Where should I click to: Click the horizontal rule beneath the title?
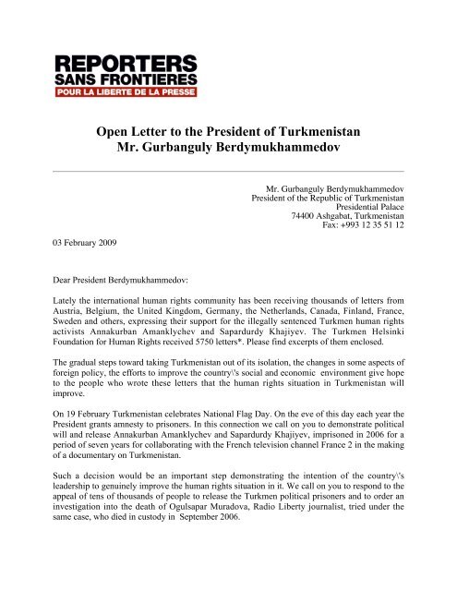[x=228, y=172]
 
